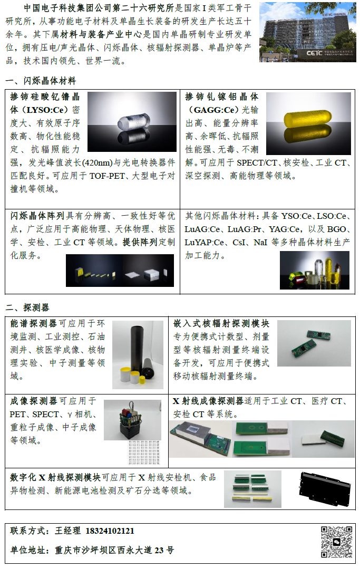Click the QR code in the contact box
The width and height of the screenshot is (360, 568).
[x=336, y=542]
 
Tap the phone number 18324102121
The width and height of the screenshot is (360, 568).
[x=110, y=531]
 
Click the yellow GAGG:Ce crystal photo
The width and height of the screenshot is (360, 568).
[x=308, y=123]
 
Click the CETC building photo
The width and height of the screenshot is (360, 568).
[x=308, y=32]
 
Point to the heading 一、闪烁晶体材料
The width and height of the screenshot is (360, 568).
[x=41, y=81]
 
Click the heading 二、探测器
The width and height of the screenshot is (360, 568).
[x=27, y=307]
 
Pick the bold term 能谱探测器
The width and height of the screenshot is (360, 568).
[x=33, y=323]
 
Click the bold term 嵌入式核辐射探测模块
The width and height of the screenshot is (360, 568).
[x=221, y=323]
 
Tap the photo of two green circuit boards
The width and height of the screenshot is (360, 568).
[x=314, y=343]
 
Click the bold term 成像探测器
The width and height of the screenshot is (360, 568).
[x=33, y=401]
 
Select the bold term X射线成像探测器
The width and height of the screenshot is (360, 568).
[x=208, y=401]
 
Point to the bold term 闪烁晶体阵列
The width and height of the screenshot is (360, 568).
[x=37, y=216]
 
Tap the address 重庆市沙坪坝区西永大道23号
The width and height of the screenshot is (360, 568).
[x=114, y=550]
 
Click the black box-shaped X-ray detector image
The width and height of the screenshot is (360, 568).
[x=325, y=489]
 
